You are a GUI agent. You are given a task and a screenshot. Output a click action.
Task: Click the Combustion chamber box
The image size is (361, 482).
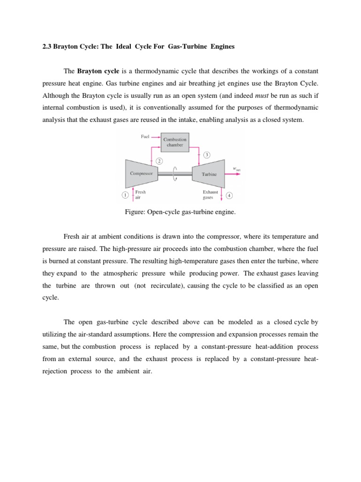pyautogui.click(x=175, y=142)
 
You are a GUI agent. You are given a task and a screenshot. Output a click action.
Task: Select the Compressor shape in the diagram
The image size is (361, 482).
pyautogui.click(x=141, y=174)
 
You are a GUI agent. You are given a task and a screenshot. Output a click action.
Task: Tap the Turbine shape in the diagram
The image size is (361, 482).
pyautogui.click(x=209, y=174)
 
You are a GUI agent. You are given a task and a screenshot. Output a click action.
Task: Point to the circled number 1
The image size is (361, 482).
pyautogui.click(x=125, y=194)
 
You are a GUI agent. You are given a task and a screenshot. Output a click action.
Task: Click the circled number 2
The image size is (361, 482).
pyautogui.click(x=159, y=161)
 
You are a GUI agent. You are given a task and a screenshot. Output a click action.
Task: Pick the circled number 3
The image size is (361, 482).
pyautogui.click(x=207, y=154)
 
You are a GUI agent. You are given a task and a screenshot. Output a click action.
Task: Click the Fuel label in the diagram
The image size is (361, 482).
pyautogui.click(x=145, y=137)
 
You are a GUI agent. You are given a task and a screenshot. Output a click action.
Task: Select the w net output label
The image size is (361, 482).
pyautogui.click(x=236, y=169)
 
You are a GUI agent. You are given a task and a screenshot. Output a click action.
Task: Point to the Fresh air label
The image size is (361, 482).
pyautogui.click(x=140, y=195)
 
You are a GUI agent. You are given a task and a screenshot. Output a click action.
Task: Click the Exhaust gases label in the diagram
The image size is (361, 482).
pyautogui.click(x=210, y=195)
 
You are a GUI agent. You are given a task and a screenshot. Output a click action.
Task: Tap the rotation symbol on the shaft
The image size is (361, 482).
pyautogui.click(x=175, y=174)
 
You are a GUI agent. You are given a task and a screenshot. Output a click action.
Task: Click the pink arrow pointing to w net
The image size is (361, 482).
pyautogui.click(x=233, y=174)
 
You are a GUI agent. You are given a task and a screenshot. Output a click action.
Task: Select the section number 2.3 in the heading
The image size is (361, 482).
pyautogui.click(x=46, y=47)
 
